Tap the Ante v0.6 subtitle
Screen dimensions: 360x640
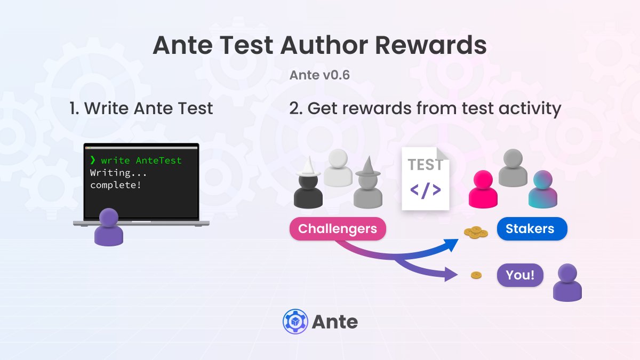click(x=319, y=75)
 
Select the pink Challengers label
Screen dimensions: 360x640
click(x=337, y=229)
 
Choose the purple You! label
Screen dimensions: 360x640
click(x=520, y=276)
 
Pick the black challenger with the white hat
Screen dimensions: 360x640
click(x=308, y=187)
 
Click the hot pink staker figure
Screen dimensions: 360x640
click(x=483, y=189)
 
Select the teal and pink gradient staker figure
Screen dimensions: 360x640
click(x=542, y=189)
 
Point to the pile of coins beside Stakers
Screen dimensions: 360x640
click(x=476, y=232)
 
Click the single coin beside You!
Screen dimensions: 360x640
click(x=476, y=275)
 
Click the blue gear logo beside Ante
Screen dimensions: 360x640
click(x=293, y=322)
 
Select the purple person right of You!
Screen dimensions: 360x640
click(x=567, y=283)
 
